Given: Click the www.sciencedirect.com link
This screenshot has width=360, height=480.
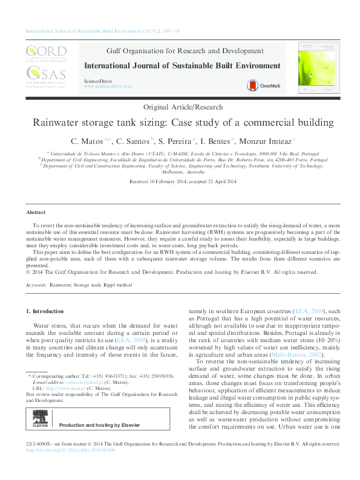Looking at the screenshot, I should tap(108, 86).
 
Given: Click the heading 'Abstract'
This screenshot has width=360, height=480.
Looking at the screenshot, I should tap(36, 213).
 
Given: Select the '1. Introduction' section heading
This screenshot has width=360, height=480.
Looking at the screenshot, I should tap(47, 311).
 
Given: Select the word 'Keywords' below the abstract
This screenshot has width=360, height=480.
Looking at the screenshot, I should tap(36, 284).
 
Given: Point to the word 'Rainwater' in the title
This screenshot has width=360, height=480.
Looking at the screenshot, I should tap(59, 123).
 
